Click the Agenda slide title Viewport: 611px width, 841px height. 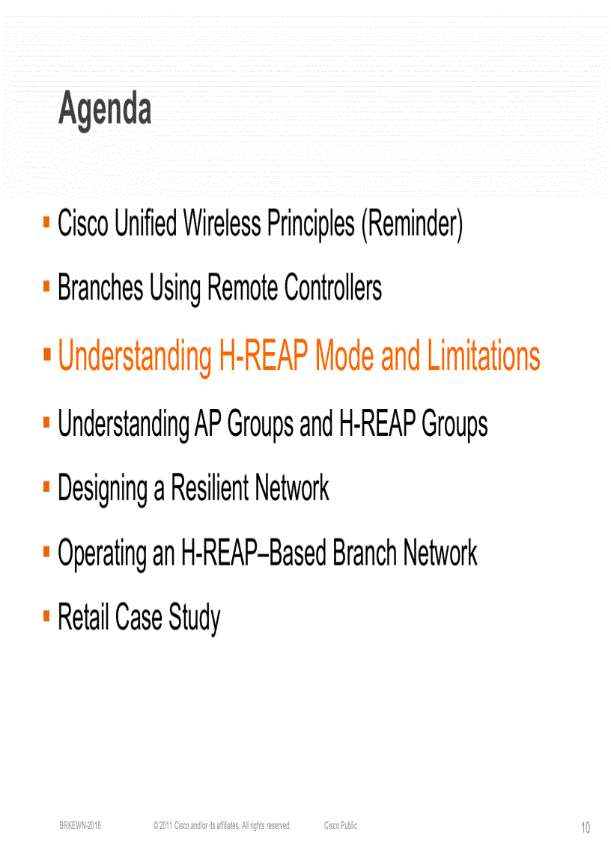[105, 109]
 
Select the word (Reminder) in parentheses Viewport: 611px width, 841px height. [412, 224]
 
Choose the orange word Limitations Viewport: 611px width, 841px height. [484, 356]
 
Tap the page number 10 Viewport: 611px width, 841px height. [585, 828]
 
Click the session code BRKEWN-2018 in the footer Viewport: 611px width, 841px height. [80, 825]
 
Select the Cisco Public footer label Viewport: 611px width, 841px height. [341, 825]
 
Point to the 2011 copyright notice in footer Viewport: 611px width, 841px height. [222, 825]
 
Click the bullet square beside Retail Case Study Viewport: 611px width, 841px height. [46, 617]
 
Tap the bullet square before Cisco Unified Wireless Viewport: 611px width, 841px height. [46, 222]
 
